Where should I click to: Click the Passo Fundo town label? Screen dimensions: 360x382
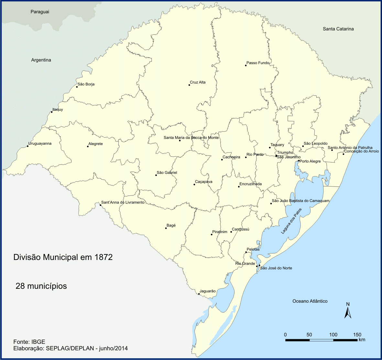coord(258,63)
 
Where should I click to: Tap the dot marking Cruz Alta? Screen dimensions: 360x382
coord(189,85)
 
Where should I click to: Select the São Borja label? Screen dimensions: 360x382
coord(86,84)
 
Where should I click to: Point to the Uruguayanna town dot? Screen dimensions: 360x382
coord(27,146)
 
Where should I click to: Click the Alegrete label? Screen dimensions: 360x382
coord(95,144)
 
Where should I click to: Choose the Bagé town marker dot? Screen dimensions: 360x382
coord(166,228)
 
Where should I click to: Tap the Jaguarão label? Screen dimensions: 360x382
coord(208,291)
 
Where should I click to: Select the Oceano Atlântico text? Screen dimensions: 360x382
coord(310,301)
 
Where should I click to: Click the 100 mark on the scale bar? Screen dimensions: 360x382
coord(333,335)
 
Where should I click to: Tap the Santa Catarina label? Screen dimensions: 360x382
coord(338,29)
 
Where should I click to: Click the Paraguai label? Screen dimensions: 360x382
coord(40,12)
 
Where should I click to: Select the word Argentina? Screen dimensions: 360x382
coord(41,60)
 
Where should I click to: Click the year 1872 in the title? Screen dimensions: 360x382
coord(104,257)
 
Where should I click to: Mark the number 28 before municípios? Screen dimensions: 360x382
coord(20,286)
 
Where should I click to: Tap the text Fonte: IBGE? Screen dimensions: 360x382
coord(29,342)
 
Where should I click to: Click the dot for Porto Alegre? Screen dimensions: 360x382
coord(299,161)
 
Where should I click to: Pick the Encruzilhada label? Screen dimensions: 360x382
coord(251,184)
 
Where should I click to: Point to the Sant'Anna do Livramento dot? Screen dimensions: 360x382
coord(100,205)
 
